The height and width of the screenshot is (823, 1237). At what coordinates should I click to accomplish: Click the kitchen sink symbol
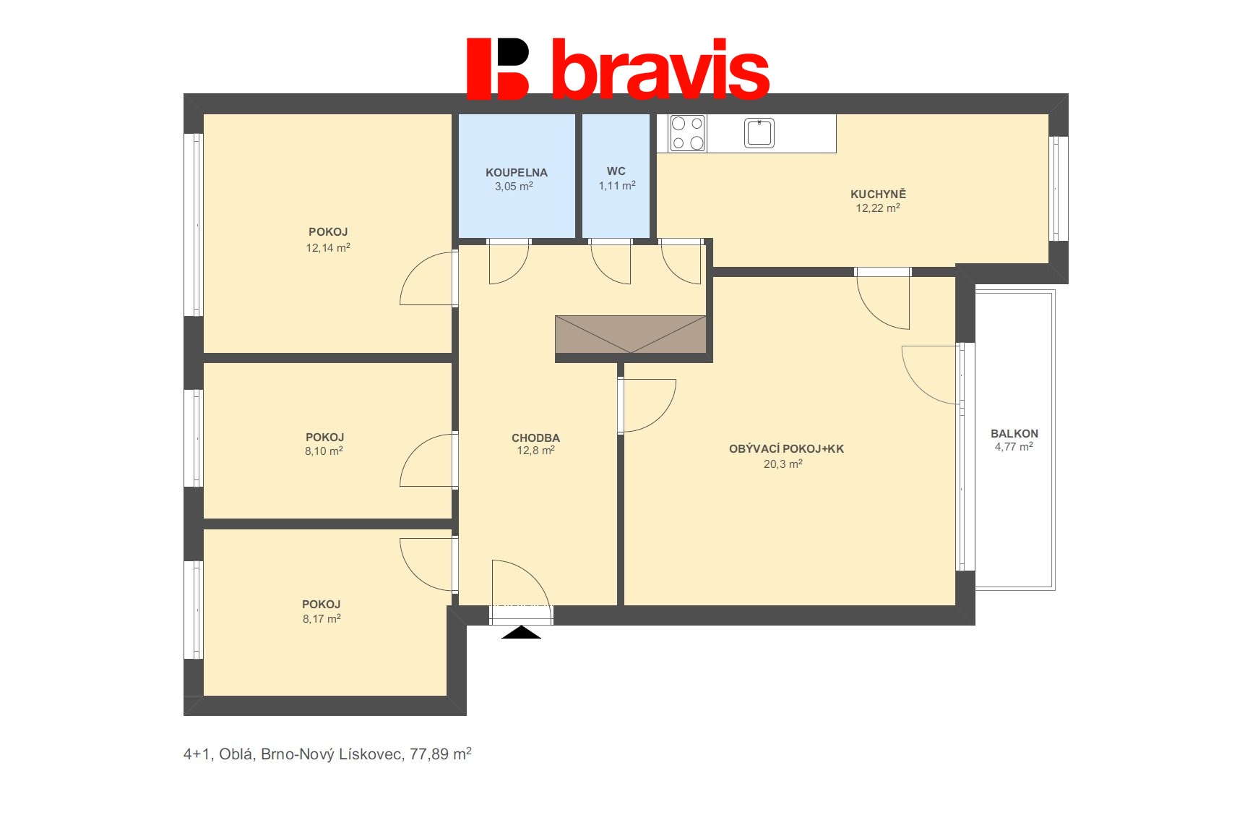pos(759,133)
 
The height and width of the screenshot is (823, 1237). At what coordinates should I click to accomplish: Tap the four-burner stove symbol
pos(688,133)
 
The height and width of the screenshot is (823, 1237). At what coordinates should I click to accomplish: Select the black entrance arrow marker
pos(521,632)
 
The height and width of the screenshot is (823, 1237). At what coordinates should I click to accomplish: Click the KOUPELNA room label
pos(517,172)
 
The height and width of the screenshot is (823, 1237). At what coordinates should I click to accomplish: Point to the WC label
pos(616,171)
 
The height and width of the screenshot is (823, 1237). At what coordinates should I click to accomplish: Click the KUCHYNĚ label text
pos(878,193)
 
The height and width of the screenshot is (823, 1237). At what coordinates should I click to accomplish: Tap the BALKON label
pos(1014,434)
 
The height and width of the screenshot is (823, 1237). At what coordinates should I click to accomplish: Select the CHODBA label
pos(535,438)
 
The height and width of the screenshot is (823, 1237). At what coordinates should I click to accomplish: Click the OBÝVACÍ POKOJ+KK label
pos(786,449)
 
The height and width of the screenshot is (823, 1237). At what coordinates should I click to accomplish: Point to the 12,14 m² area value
pos(328,247)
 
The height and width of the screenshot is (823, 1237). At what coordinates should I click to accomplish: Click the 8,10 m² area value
pos(324,451)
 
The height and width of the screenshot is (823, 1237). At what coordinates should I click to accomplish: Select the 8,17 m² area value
pos(322,618)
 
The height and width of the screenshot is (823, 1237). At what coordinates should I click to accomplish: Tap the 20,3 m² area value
pos(783,464)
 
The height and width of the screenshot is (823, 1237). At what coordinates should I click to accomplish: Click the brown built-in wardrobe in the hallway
pos(631,334)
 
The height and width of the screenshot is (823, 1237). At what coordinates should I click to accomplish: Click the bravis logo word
pos(660,69)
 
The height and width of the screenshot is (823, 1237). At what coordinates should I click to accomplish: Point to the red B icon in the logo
pos(498,69)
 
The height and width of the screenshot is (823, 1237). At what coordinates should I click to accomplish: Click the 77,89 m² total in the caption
pos(440,754)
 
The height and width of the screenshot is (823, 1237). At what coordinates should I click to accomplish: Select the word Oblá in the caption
pos(237,754)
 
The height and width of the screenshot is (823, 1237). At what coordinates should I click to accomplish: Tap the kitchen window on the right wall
pos(1058,189)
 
